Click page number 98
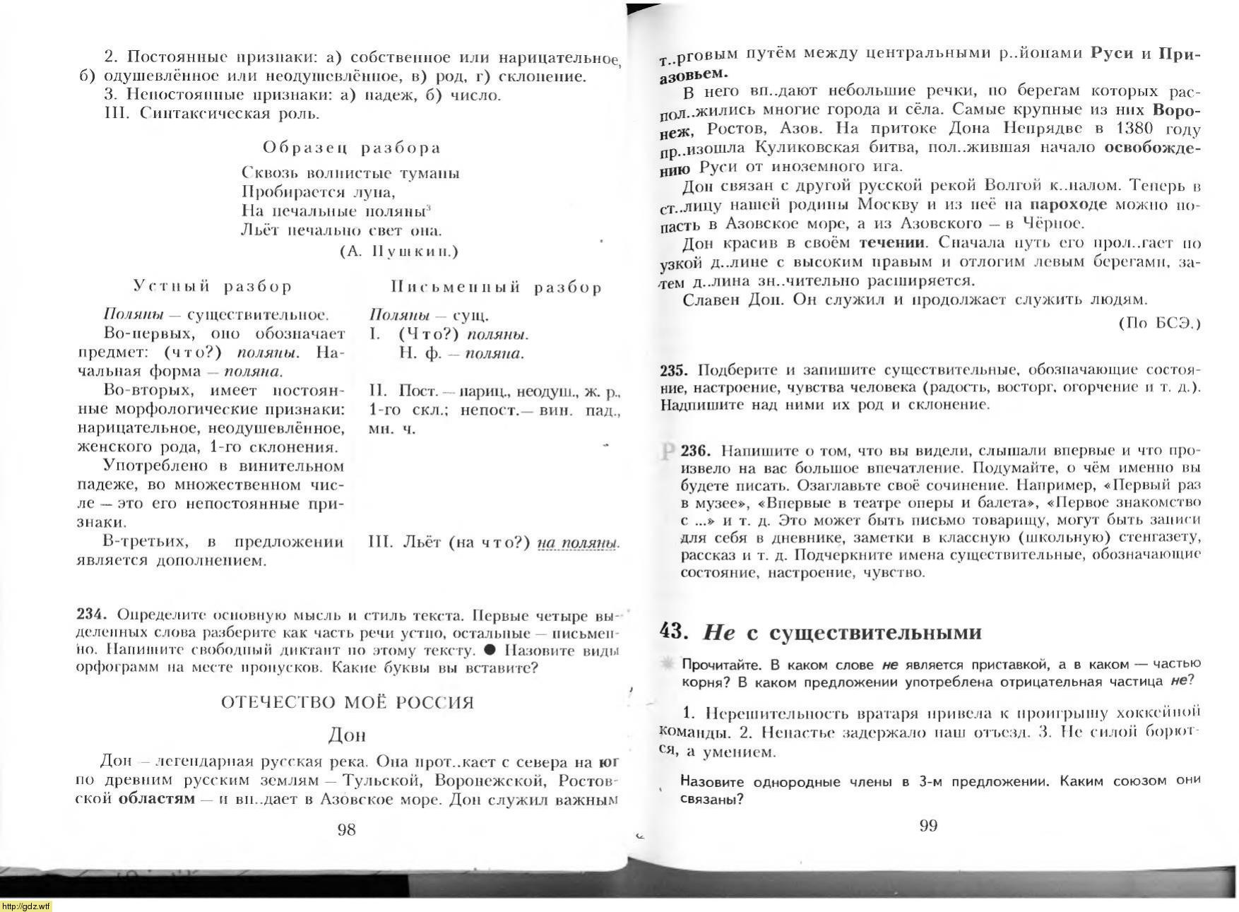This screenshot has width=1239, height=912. pyautogui.click(x=346, y=829)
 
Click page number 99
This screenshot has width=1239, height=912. pyautogui.click(x=928, y=826)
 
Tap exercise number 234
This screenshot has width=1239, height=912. pyautogui.click(x=91, y=614)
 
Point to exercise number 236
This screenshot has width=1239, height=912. pyautogui.click(x=696, y=451)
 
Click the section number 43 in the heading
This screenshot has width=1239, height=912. pyautogui.click(x=675, y=631)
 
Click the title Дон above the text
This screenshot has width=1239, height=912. pyautogui.click(x=347, y=735)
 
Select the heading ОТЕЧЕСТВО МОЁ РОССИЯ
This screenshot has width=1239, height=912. pyautogui.click(x=347, y=702)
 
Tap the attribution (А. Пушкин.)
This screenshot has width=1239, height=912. pyautogui.click(x=399, y=251)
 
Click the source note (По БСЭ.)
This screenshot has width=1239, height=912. pyautogui.click(x=1159, y=323)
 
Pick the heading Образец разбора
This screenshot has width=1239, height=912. pyautogui.click(x=352, y=148)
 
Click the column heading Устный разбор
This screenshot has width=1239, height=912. pyautogui.click(x=213, y=286)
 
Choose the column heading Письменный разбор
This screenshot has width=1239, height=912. pyautogui.click(x=496, y=287)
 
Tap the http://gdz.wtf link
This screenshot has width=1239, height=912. pyautogui.click(x=26, y=906)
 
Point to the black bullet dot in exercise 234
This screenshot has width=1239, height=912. pyautogui.click(x=490, y=650)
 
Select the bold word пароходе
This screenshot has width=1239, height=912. pyautogui.click(x=1068, y=205)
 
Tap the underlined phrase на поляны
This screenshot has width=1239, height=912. pyautogui.click(x=578, y=543)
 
